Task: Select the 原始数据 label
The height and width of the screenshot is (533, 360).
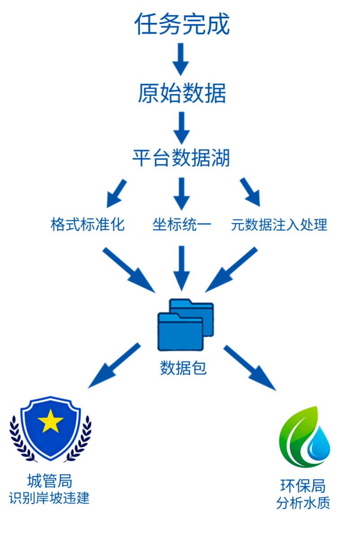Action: tap(181, 93)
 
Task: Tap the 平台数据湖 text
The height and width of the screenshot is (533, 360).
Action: tap(181, 158)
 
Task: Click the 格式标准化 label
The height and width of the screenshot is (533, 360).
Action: tap(88, 224)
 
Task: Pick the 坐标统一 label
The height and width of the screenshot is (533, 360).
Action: tap(181, 224)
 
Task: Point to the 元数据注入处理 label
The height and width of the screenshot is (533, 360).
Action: tap(279, 224)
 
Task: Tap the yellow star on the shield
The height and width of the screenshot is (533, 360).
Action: tap(50, 422)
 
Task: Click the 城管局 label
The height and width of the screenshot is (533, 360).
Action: tap(49, 481)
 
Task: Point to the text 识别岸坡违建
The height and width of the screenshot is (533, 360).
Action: tap(49, 498)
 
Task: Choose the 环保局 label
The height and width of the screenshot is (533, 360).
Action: tap(303, 485)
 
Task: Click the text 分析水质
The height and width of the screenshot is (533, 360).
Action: tap(303, 502)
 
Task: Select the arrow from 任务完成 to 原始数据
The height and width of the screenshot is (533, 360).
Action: tap(181, 58)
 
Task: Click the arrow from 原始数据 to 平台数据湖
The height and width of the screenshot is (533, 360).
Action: tap(181, 127)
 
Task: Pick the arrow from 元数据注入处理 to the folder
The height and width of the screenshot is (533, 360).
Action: tap(231, 270)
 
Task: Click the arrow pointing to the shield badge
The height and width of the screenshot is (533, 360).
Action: tap(114, 366)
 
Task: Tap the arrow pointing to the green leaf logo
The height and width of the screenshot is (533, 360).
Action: tap(249, 367)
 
